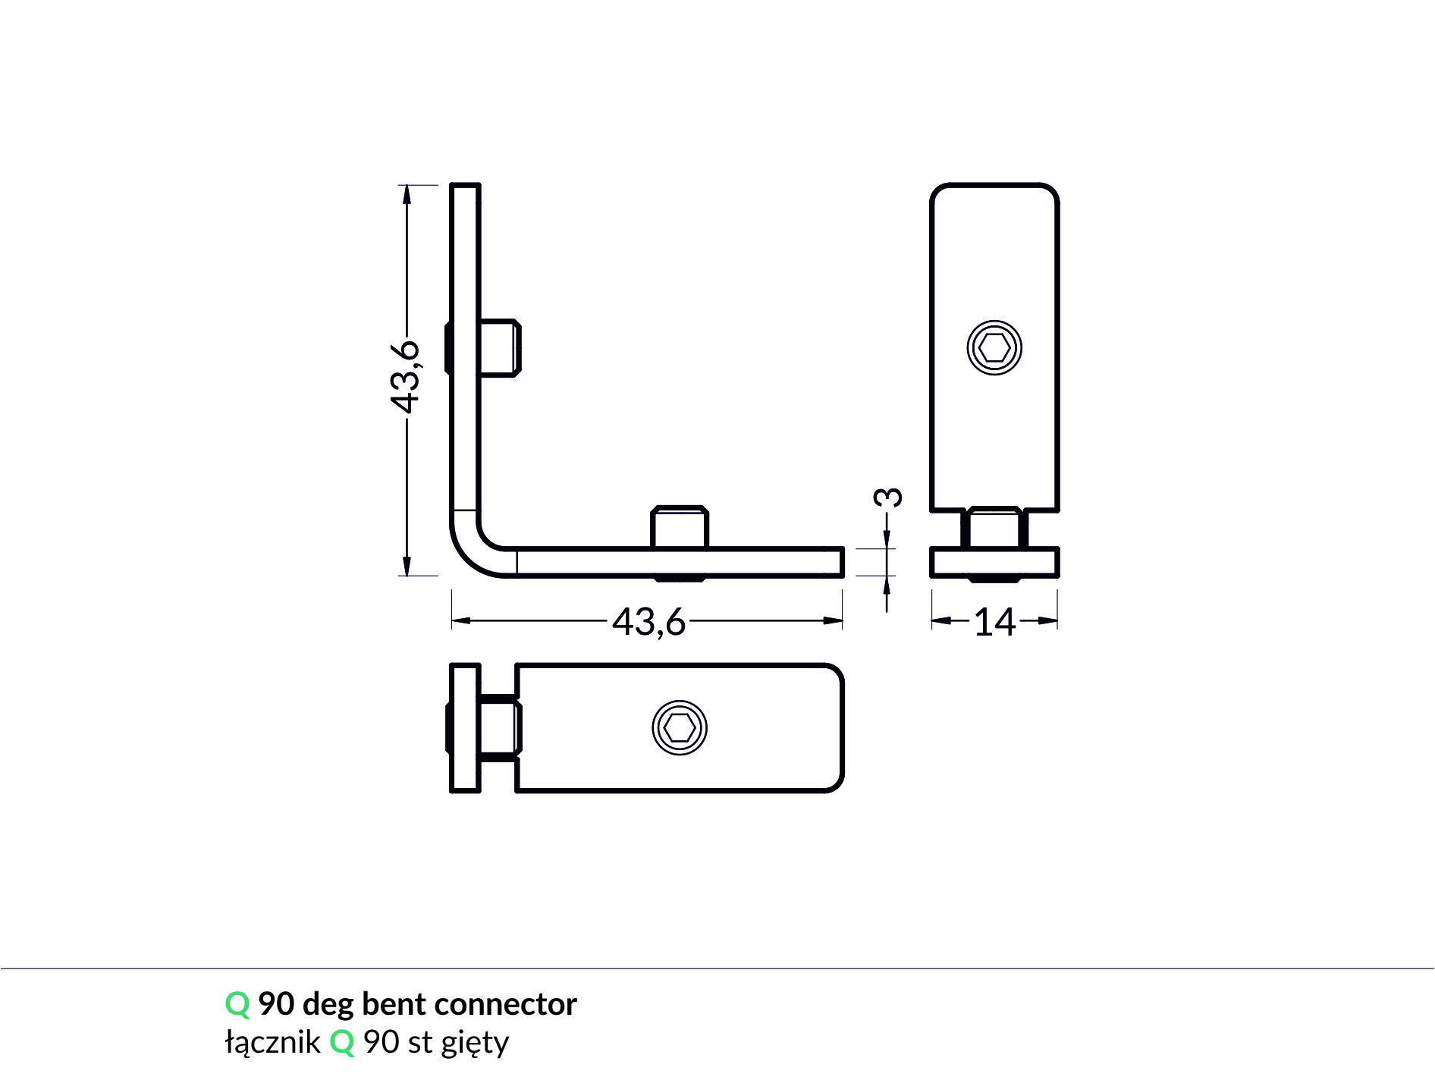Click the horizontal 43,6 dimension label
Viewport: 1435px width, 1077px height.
pos(649,622)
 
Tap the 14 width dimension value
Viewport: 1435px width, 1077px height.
pos(994,622)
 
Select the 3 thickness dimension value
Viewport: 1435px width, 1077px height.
pos(888,498)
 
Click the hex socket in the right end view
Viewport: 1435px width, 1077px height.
pos(994,348)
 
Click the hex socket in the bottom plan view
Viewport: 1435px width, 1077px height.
pos(680,728)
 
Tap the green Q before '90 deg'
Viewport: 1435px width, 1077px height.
pos(237,1005)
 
